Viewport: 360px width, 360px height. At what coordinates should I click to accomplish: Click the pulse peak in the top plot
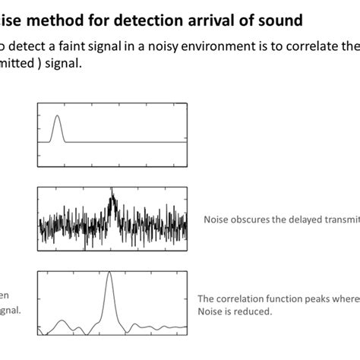(58, 116)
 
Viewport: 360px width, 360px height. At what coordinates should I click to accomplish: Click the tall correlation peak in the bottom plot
(109, 274)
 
